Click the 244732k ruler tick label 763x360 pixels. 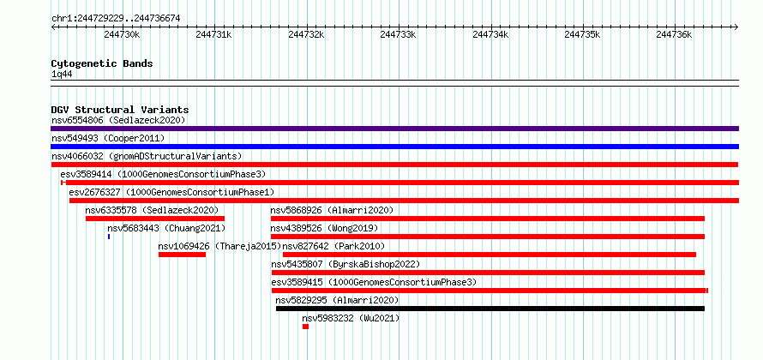[306, 35]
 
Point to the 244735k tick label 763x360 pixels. [582, 35]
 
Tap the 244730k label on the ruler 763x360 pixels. [122, 35]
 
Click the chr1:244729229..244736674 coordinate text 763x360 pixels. [116, 19]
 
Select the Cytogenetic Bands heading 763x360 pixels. [102, 63]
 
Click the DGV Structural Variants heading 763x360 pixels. [120, 110]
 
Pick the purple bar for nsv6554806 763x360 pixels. [394, 129]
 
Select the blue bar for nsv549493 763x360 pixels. [394, 147]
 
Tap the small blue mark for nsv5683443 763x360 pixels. [109, 237]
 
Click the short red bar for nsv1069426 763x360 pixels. [182, 255]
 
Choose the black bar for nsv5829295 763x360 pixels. [490, 309]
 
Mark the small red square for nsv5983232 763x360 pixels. [305, 327]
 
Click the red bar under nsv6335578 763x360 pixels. [155, 219]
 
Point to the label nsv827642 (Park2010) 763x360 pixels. [333, 246]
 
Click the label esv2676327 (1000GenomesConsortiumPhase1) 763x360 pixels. [171, 192]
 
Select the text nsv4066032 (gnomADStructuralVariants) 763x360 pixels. [147, 156]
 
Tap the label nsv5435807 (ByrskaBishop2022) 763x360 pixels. [345, 264]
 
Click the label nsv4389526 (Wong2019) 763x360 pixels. [325, 228]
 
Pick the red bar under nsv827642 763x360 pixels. [490, 255]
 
